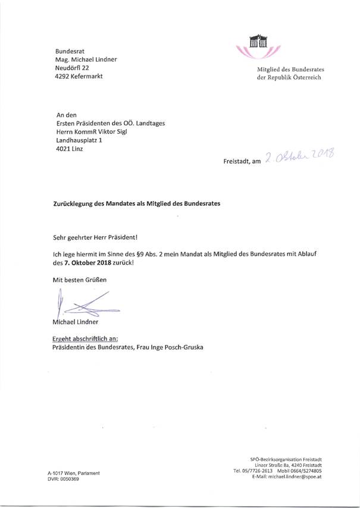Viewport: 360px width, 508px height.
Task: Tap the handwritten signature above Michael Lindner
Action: click(83, 305)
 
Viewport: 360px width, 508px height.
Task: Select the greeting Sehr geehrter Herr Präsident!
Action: click(95, 237)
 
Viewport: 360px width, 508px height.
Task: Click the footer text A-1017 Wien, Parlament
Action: click(73, 472)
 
